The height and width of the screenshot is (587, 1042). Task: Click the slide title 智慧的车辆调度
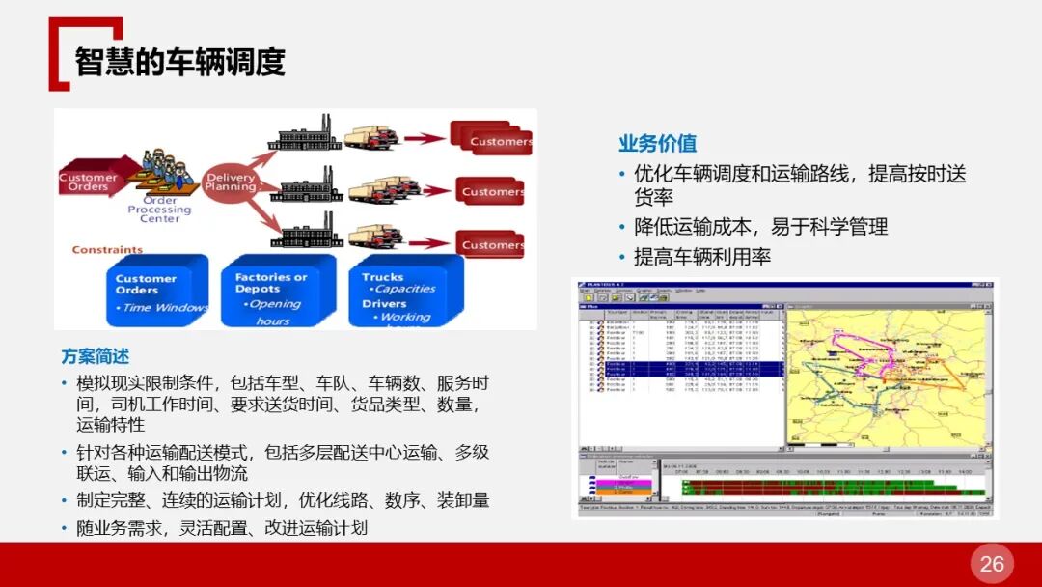[x=180, y=61]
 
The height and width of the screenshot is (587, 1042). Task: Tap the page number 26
[x=992, y=564]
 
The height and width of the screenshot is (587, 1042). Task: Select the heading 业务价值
[x=657, y=144]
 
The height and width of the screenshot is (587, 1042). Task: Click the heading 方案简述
[x=95, y=356]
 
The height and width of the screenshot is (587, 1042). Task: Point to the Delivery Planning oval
[x=231, y=181]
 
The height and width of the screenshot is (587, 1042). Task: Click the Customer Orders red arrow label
[x=89, y=181]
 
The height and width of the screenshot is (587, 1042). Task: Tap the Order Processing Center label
[x=159, y=210]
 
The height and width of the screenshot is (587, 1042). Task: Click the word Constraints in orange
[x=107, y=249]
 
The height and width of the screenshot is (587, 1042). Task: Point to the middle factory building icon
[x=305, y=187]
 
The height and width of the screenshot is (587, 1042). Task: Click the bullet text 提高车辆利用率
[x=701, y=258]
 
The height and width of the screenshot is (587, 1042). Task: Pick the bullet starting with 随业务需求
[x=222, y=528]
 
